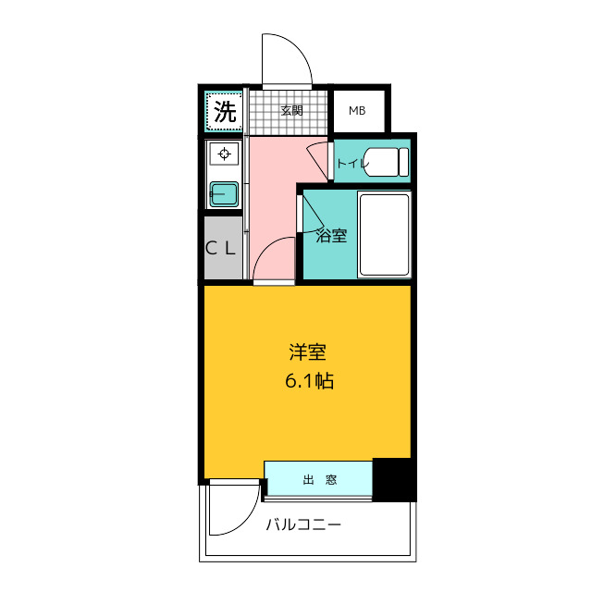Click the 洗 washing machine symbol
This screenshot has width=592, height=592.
point(224,112)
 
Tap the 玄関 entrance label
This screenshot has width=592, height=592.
point(291,111)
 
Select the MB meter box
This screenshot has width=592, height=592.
point(357,112)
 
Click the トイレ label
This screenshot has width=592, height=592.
point(351,164)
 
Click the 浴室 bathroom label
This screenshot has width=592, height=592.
point(331,235)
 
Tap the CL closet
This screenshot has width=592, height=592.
point(222,248)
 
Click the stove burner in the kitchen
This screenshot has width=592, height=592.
point(223,154)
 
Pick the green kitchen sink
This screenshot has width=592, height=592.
point(224,193)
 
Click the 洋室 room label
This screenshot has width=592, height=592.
point(307,352)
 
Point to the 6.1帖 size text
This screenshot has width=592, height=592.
point(308,379)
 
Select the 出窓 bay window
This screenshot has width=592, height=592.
point(318,480)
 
